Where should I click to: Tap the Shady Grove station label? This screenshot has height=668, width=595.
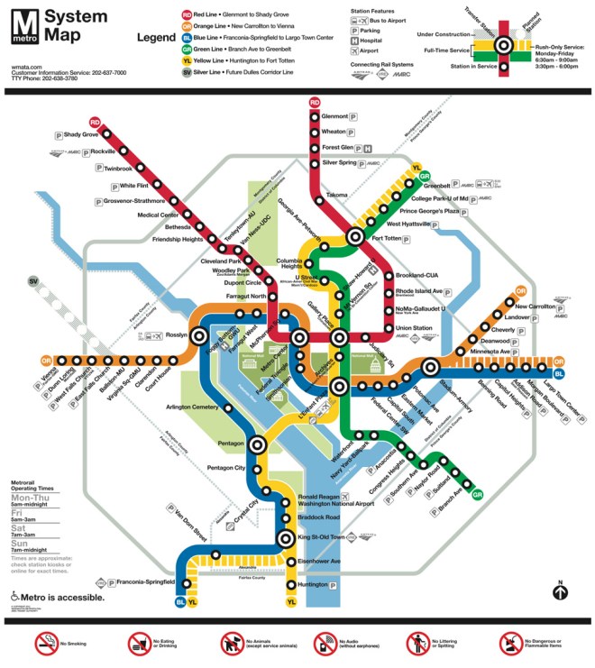81,135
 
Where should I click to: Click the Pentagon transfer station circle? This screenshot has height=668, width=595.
258,444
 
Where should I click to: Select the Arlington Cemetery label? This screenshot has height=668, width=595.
193,408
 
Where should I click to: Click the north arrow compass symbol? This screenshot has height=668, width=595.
561,592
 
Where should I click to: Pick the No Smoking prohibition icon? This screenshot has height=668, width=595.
45,643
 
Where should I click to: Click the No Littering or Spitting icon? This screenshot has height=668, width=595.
416,643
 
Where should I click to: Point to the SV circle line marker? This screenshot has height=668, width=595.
34,282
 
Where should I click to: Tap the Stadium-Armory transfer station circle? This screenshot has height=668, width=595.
430,366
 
